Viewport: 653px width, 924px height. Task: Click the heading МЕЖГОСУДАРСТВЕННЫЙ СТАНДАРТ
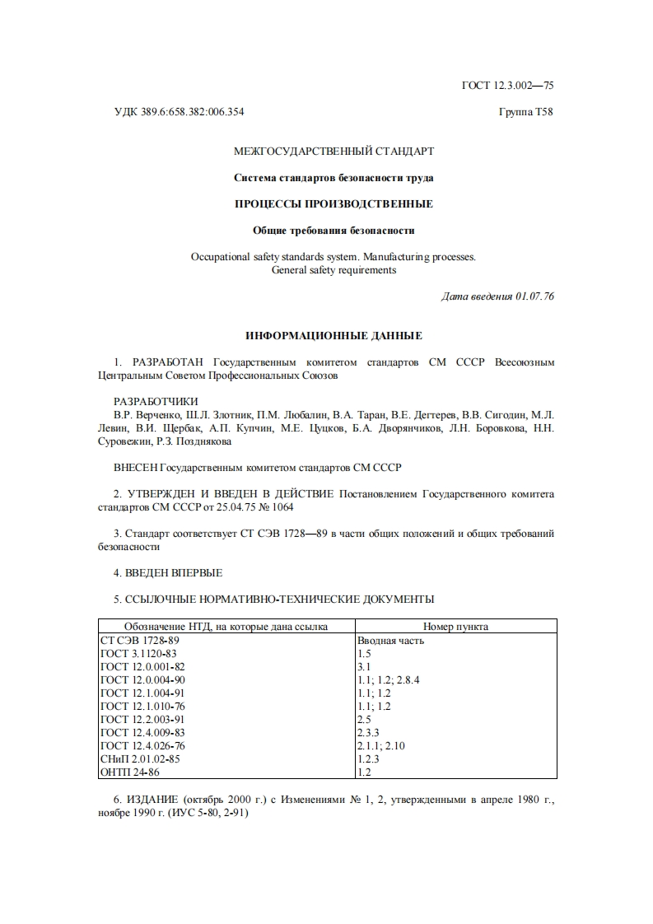point(333,151)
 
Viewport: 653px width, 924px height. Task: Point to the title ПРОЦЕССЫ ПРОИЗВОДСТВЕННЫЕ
point(333,203)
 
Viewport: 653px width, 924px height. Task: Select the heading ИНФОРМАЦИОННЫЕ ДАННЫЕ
point(333,336)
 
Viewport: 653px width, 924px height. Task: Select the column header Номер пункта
point(455,627)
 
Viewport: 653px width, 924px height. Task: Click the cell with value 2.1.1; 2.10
point(380,745)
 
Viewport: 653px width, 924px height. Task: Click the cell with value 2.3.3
point(368,732)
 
